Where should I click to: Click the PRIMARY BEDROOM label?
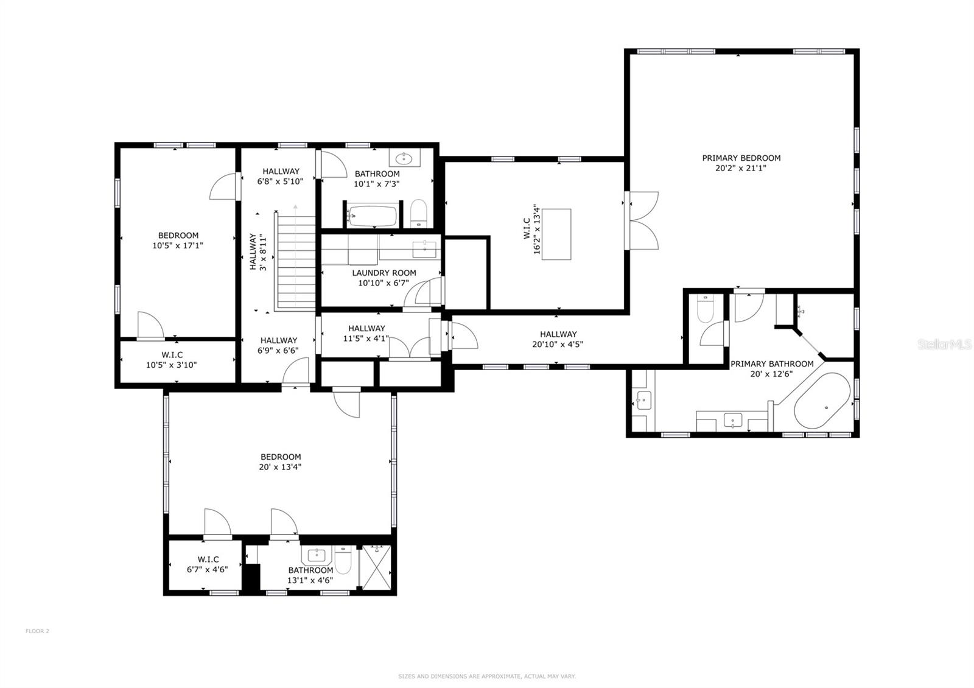click(741, 158)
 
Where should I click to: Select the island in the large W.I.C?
click(556, 234)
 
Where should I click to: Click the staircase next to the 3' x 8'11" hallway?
click(296, 262)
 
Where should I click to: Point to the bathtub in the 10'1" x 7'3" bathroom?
click(373, 216)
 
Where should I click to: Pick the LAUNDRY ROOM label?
click(384, 273)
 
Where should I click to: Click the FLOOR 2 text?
click(37, 631)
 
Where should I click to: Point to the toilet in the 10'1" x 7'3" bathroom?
click(419, 212)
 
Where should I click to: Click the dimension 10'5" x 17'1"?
click(178, 246)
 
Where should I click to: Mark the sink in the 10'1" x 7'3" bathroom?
click(404, 160)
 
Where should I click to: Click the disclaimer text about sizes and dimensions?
click(486, 676)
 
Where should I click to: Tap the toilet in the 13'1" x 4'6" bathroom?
click(343, 561)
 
